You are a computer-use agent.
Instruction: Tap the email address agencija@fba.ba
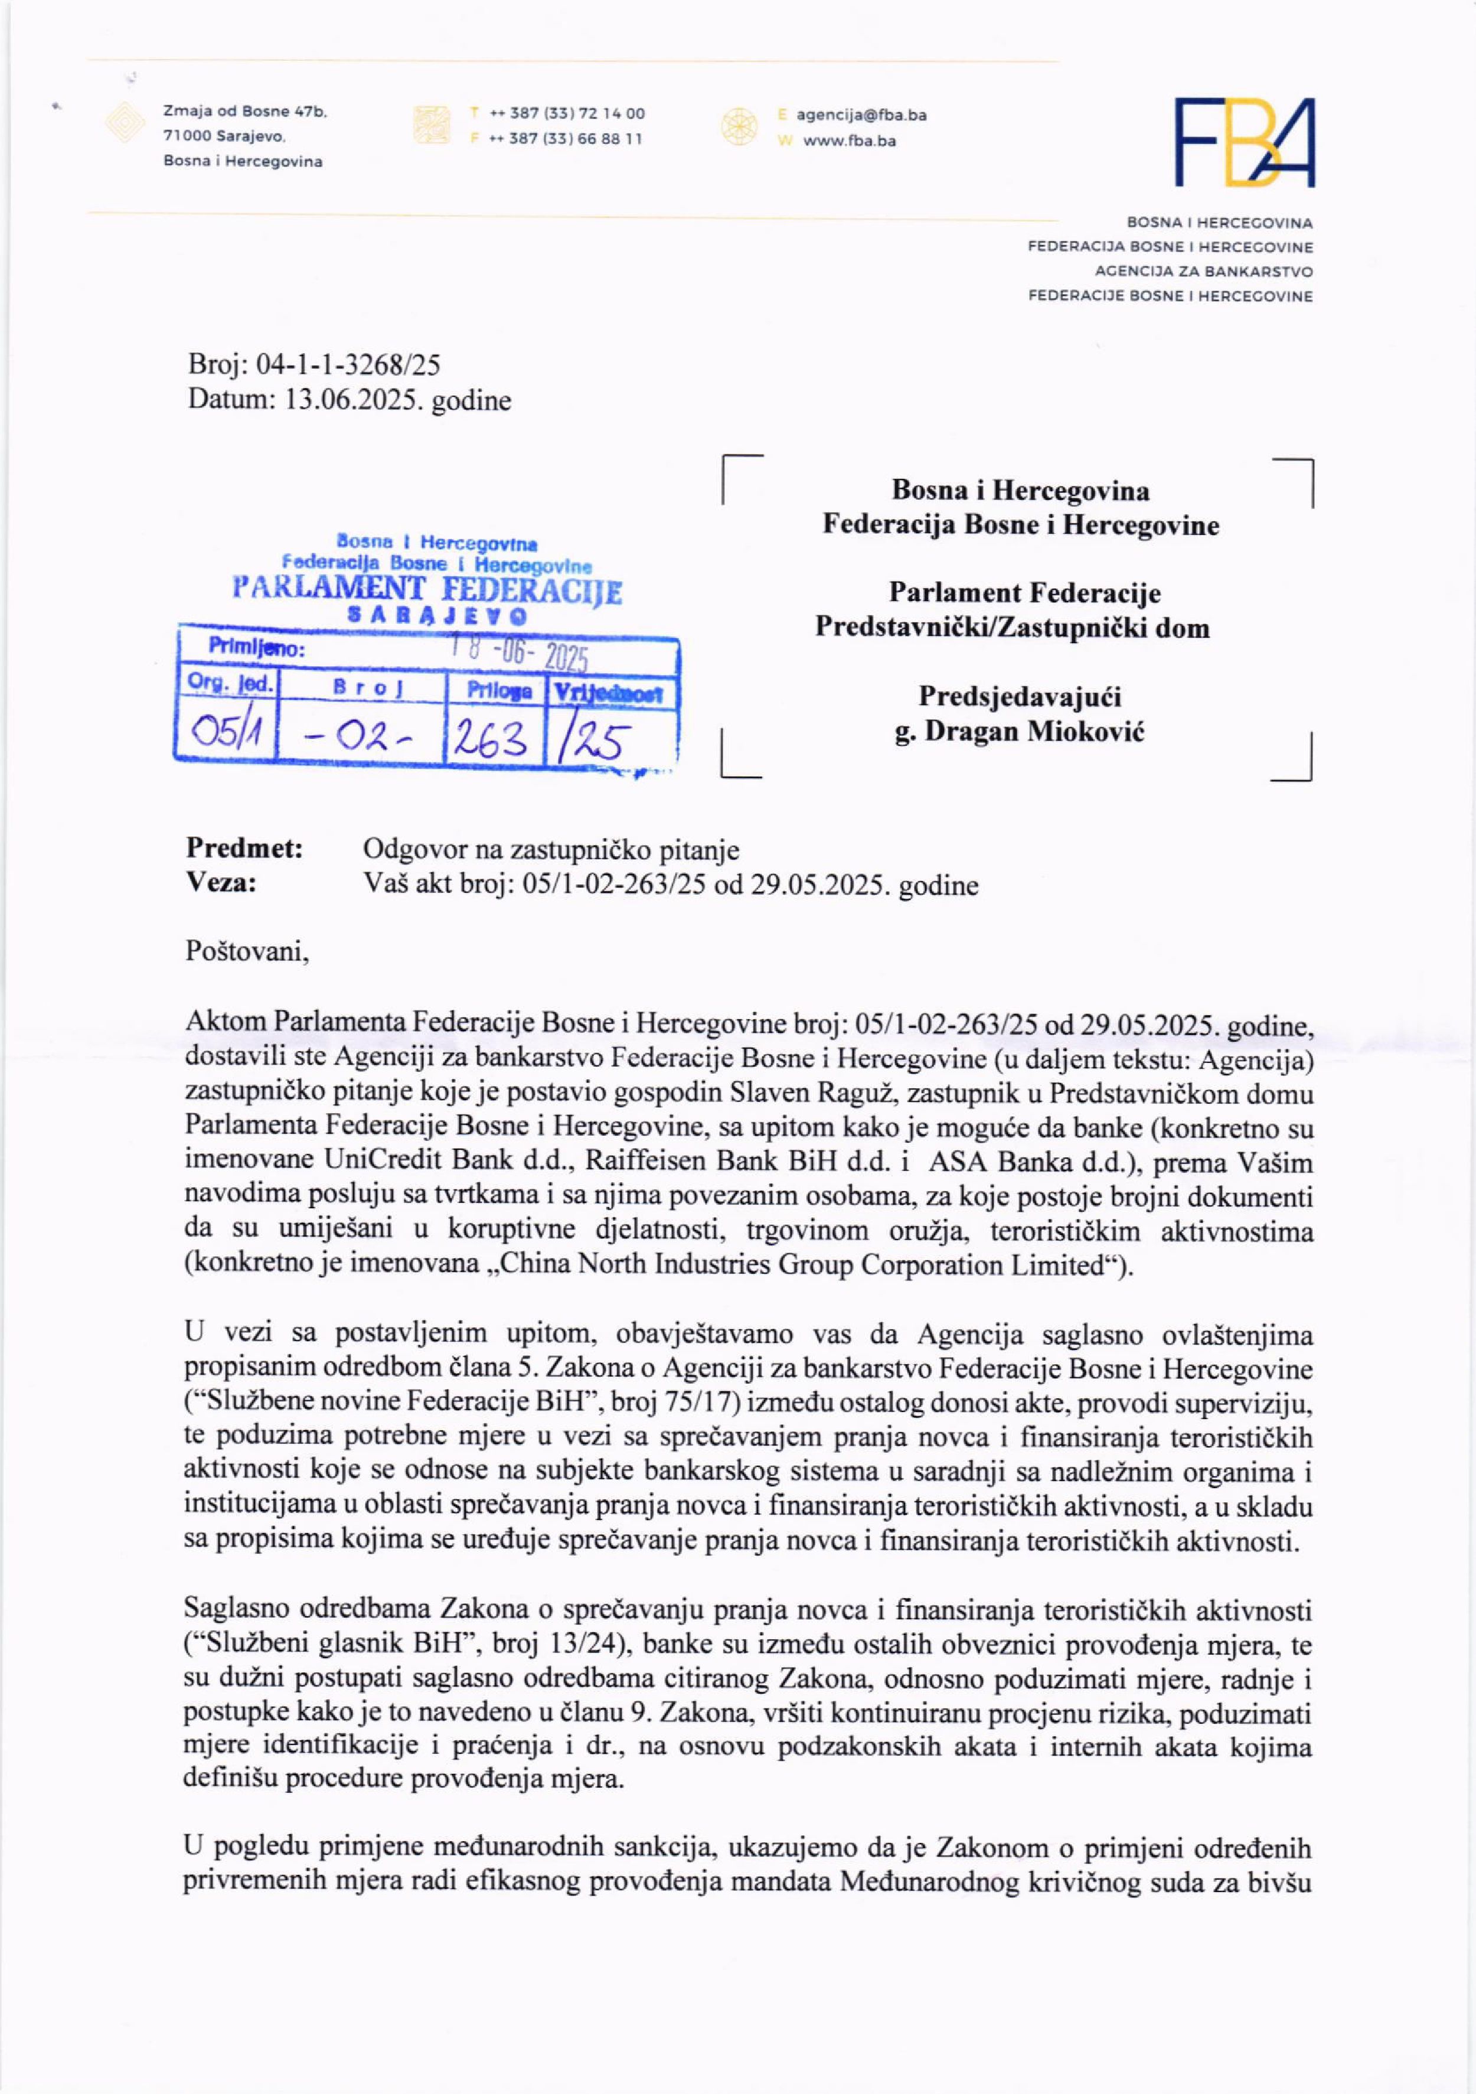point(861,115)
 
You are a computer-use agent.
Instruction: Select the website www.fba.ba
point(849,141)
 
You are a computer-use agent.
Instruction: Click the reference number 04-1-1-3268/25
point(347,366)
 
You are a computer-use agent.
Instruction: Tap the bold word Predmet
point(244,849)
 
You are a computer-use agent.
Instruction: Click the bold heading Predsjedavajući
point(1019,697)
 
